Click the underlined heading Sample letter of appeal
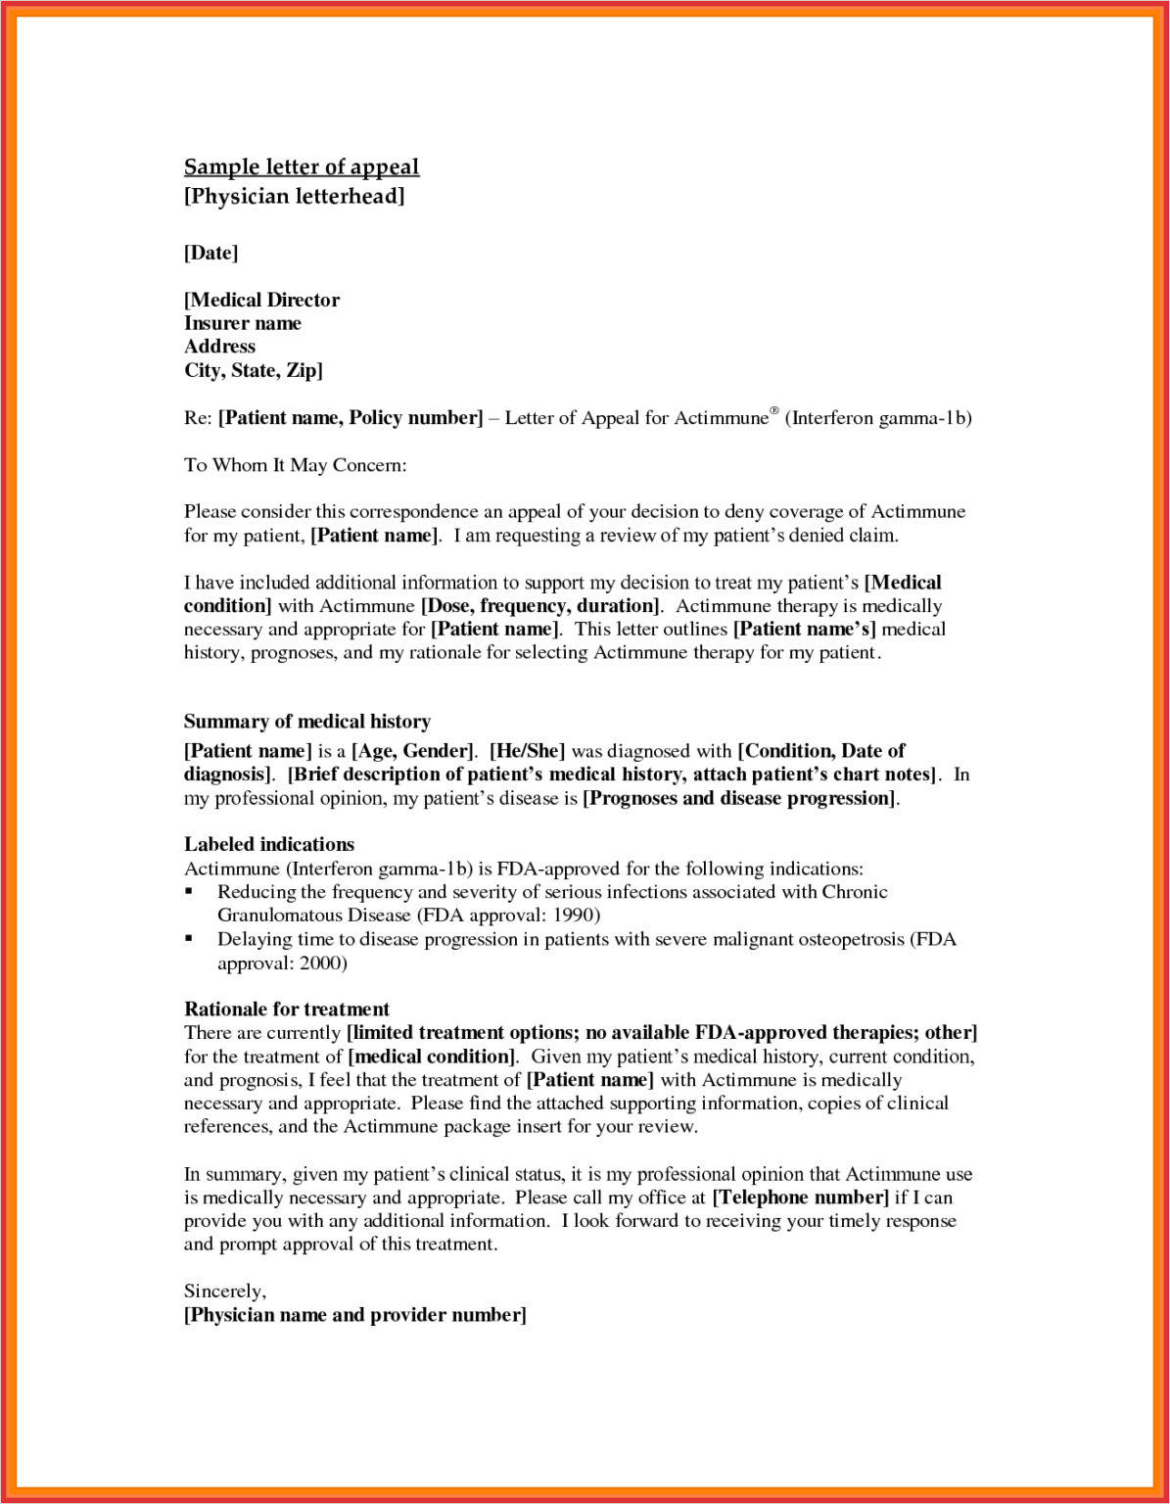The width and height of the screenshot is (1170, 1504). (302, 167)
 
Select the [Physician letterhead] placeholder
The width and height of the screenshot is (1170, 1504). (294, 196)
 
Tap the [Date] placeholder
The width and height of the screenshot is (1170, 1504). (211, 253)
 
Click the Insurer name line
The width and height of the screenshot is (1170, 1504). (242, 323)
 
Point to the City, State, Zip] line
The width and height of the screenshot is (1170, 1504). (253, 370)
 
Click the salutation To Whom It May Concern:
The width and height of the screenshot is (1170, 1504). (295, 465)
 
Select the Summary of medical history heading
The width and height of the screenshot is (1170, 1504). (306, 722)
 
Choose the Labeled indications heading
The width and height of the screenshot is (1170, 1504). (269, 844)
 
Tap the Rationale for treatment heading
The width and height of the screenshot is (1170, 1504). (286, 1009)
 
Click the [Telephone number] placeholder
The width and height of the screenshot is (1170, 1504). (800, 1198)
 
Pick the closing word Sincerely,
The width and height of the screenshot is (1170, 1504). (224, 1292)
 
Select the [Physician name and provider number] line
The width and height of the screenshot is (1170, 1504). (354, 1315)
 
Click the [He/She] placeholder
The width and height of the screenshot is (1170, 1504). (527, 751)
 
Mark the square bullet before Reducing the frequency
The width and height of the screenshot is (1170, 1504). (190, 892)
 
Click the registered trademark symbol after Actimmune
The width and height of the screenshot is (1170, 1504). (773, 411)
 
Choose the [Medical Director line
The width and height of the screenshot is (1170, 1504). (261, 300)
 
